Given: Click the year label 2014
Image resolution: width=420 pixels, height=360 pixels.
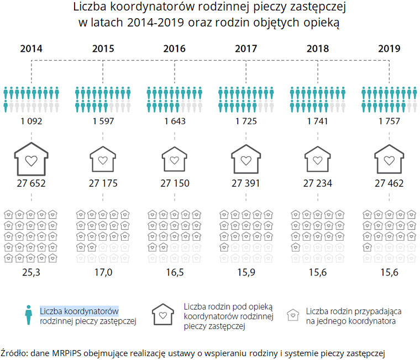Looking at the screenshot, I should [31, 49].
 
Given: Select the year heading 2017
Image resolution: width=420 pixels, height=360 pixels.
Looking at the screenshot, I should [246, 49].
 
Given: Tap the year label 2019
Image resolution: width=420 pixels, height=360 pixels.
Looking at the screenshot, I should [389, 49].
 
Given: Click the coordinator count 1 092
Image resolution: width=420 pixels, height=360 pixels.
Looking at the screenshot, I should [31, 121].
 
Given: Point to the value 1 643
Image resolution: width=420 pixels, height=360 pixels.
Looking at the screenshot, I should [175, 121].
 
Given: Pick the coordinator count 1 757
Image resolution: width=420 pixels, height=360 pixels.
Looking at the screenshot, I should [389, 121].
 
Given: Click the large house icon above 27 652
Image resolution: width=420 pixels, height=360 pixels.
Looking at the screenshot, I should [31, 159].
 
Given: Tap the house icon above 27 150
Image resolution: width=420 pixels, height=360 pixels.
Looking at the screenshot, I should [175, 159].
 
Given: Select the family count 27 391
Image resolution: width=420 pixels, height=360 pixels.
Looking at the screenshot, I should [246, 184].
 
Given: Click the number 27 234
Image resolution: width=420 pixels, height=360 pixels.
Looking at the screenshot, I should [318, 184].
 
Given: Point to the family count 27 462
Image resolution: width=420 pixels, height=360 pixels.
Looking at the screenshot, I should [389, 184].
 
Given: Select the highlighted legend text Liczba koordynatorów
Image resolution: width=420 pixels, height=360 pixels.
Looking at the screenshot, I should [79, 310].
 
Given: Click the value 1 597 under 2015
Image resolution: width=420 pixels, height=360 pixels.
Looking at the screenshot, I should [103, 121].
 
